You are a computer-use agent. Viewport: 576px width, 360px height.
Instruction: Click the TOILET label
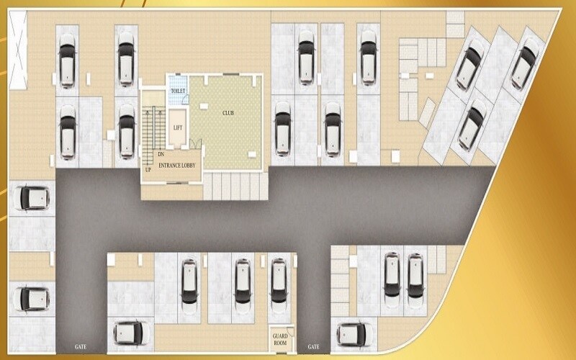pyautogui.click(x=178, y=91)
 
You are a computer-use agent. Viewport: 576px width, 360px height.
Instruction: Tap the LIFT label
pyautogui.click(x=178, y=128)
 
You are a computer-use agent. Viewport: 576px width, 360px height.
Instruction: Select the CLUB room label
pyautogui.click(x=228, y=113)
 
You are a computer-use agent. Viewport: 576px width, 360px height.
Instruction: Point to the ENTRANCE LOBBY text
pyautogui.click(x=177, y=166)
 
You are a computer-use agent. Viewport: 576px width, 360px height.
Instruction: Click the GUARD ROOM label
pyautogui.click(x=280, y=339)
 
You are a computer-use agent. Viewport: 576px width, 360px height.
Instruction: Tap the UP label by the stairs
pyautogui.click(x=148, y=170)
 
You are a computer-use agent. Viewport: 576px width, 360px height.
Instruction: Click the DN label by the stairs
pyautogui.click(x=161, y=155)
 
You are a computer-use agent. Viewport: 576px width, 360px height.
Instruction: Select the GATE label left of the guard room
pyautogui.click(x=81, y=347)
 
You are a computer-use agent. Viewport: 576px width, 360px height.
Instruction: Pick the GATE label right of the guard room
pyautogui.click(x=313, y=347)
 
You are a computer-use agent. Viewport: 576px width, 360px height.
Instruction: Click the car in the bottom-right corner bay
pyautogui.click(x=354, y=334)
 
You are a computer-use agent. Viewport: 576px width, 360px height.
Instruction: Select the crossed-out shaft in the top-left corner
pyautogui.click(x=17, y=50)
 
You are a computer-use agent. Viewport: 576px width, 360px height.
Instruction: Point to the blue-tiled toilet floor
pyautogui.click(x=178, y=90)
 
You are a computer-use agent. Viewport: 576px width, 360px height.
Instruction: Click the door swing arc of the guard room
pyautogui.click(x=291, y=332)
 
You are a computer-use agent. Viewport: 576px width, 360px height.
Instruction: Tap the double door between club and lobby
pyautogui.click(x=195, y=144)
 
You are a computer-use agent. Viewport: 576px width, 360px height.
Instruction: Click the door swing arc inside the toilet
pyautogui.click(x=186, y=99)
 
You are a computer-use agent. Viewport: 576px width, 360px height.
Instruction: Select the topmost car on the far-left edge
pyautogui.click(x=32, y=199)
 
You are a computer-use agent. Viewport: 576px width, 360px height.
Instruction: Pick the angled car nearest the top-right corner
pyautogui.click(x=526, y=63)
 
